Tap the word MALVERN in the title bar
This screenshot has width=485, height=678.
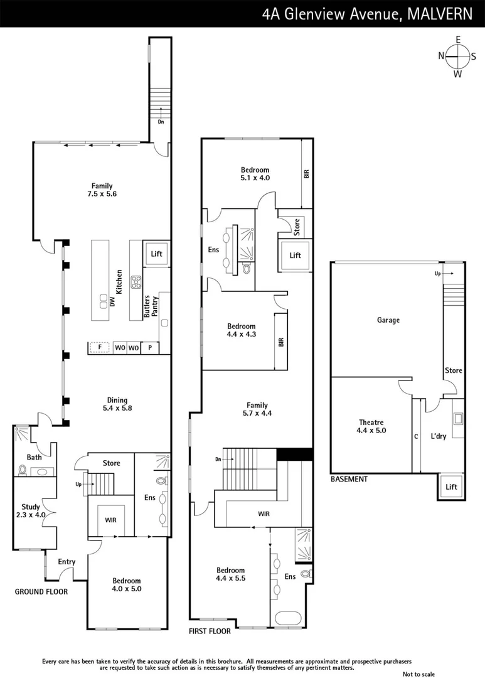pos(443,14)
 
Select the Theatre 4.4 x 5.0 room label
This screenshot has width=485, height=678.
pos(370,427)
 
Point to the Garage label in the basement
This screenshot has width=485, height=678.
pos(388,320)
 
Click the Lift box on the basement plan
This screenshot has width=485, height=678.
pos(450,487)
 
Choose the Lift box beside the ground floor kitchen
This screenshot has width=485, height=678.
pos(156,254)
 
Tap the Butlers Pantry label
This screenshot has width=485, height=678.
pos(150,308)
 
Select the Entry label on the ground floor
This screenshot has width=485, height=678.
pos(67,562)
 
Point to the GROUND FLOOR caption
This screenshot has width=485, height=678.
pos(41,591)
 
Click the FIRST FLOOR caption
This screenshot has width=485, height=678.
pos(210,631)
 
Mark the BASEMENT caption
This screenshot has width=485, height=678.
pos(349,479)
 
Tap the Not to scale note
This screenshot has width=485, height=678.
pos(418,674)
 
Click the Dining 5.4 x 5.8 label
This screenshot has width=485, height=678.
pos(117,404)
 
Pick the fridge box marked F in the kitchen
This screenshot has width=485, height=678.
pos(99,347)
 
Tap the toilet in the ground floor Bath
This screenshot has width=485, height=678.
pos(23,470)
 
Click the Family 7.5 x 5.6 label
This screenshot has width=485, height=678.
pos(102,190)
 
